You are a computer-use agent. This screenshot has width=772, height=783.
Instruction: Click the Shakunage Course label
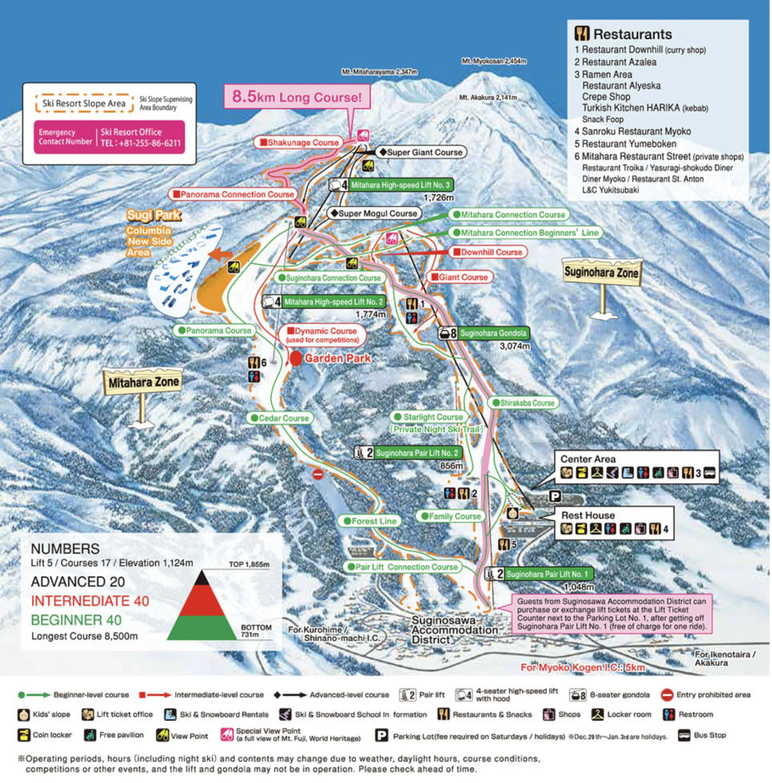coord(298,143)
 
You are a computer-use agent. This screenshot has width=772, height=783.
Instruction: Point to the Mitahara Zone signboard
coord(143,381)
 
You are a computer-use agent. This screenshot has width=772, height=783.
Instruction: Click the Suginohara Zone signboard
coord(601,272)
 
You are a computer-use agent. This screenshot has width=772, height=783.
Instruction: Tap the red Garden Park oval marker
coord(296,359)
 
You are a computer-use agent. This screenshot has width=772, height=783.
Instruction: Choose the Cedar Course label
coord(279,418)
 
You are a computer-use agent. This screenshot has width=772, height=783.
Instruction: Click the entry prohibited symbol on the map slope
coord(318,474)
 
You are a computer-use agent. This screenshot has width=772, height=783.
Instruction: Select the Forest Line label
coord(369,521)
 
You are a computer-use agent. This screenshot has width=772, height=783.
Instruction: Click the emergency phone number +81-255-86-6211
coord(140,143)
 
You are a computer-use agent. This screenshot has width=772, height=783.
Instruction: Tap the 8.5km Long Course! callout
coord(297,97)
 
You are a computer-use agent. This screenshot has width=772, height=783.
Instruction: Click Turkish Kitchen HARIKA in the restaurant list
coord(644,108)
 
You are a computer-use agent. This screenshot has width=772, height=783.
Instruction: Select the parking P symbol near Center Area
coord(555,496)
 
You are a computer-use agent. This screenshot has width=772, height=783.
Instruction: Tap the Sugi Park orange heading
coord(154,215)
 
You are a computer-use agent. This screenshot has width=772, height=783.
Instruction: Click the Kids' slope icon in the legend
coord(24,715)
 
